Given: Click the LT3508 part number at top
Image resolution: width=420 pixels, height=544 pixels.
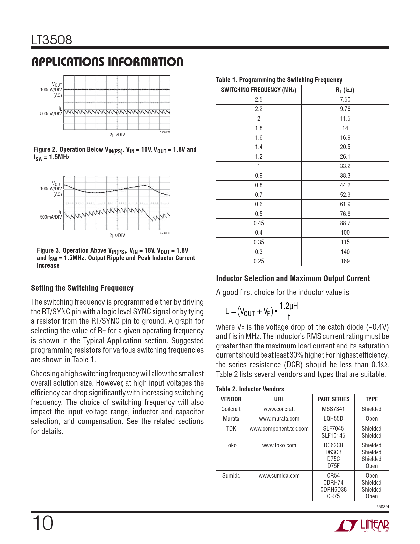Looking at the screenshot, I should coord(52,40).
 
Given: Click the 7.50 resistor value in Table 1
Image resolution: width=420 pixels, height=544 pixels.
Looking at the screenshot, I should coord(345,100).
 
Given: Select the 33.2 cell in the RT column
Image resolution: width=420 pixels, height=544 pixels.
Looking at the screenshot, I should coord(345,166).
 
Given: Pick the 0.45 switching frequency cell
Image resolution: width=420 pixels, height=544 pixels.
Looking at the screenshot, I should coord(259,223).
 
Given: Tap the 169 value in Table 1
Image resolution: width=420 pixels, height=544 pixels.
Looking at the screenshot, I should coord(345,261).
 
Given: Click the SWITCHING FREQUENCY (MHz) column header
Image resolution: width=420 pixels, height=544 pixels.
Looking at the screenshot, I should coord(259,90).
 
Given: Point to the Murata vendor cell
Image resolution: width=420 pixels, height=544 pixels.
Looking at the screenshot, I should coord(231,419).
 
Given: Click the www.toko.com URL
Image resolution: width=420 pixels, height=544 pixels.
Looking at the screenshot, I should coord(279,445).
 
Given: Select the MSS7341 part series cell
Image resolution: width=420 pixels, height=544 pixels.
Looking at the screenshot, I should coord(333,409).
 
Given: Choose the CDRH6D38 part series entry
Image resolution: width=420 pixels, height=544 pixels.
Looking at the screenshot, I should coord(333,490).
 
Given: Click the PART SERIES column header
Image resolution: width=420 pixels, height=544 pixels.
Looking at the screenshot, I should coord(333,399).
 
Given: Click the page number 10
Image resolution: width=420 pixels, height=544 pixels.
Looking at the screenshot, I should coord(42,523).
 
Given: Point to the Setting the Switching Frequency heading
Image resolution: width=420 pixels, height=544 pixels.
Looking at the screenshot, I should coord(82,288).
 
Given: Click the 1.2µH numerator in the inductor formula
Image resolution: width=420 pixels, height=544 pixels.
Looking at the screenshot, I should coord(288,306).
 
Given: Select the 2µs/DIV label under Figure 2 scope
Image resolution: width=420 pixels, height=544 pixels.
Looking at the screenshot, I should coord(117,135).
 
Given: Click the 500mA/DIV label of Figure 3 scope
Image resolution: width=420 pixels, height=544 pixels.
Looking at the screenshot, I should coord(51,217).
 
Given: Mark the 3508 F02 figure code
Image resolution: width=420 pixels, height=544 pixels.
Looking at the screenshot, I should coord(165,132).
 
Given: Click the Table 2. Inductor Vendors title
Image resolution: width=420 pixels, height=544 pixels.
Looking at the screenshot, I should coord(250,389).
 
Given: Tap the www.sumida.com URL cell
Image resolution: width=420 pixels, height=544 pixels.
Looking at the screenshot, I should coord(279,476).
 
